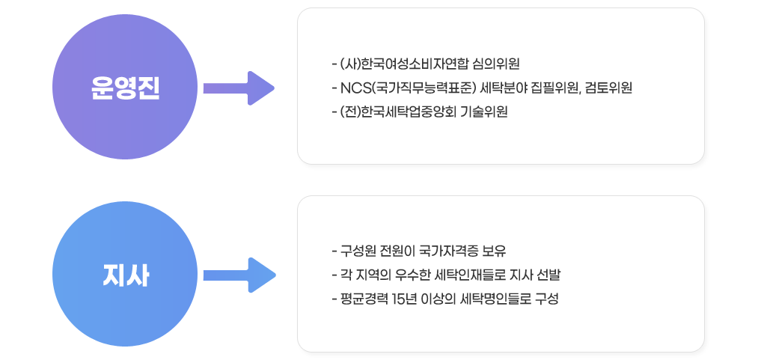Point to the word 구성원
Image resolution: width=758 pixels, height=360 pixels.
coord(359,249)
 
